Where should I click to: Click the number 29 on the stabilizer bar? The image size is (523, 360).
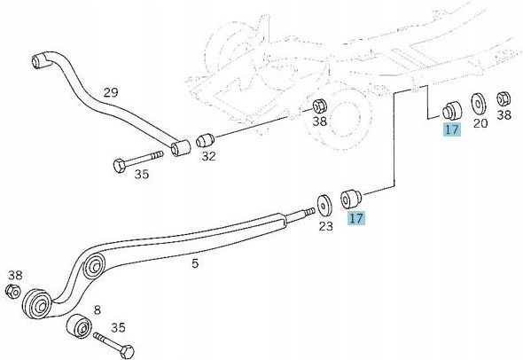click(111, 92)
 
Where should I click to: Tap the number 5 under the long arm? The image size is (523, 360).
click(195, 263)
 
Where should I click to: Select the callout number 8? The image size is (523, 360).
click(97, 310)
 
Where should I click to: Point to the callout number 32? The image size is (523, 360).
click(209, 156)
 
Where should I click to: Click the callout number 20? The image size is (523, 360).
click(480, 123)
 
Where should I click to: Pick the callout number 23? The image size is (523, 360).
click(326, 226)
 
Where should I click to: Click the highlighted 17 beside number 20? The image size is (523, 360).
click(452, 129)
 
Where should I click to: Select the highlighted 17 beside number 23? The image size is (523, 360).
click(356, 218)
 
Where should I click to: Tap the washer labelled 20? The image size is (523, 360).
click(478, 103)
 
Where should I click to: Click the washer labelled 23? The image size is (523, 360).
click(324, 205)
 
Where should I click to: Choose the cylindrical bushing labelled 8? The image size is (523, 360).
click(79, 326)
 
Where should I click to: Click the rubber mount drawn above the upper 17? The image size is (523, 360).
click(452, 109)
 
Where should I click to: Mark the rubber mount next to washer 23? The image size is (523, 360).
click(351, 199)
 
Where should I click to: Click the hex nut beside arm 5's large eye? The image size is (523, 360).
click(12, 291)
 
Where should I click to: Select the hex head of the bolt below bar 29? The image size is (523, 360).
click(119, 166)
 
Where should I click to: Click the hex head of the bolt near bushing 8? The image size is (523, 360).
click(127, 351)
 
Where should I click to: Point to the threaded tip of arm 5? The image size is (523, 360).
click(308, 212)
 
